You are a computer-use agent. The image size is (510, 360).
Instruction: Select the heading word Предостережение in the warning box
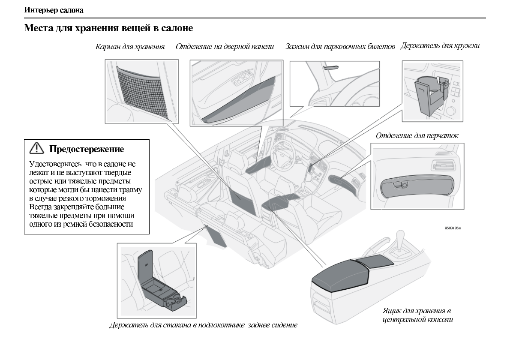point(87,149)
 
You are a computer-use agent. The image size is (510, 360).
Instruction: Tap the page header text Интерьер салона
point(48,9)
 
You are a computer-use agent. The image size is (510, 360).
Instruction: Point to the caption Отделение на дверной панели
point(225,46)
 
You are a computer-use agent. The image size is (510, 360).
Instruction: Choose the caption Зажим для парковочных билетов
point(340,46)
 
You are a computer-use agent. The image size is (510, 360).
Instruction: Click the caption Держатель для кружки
point(440,46)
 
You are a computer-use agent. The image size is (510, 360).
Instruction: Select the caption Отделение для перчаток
point(417,136)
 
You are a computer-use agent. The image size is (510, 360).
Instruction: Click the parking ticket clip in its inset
point(330,66)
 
